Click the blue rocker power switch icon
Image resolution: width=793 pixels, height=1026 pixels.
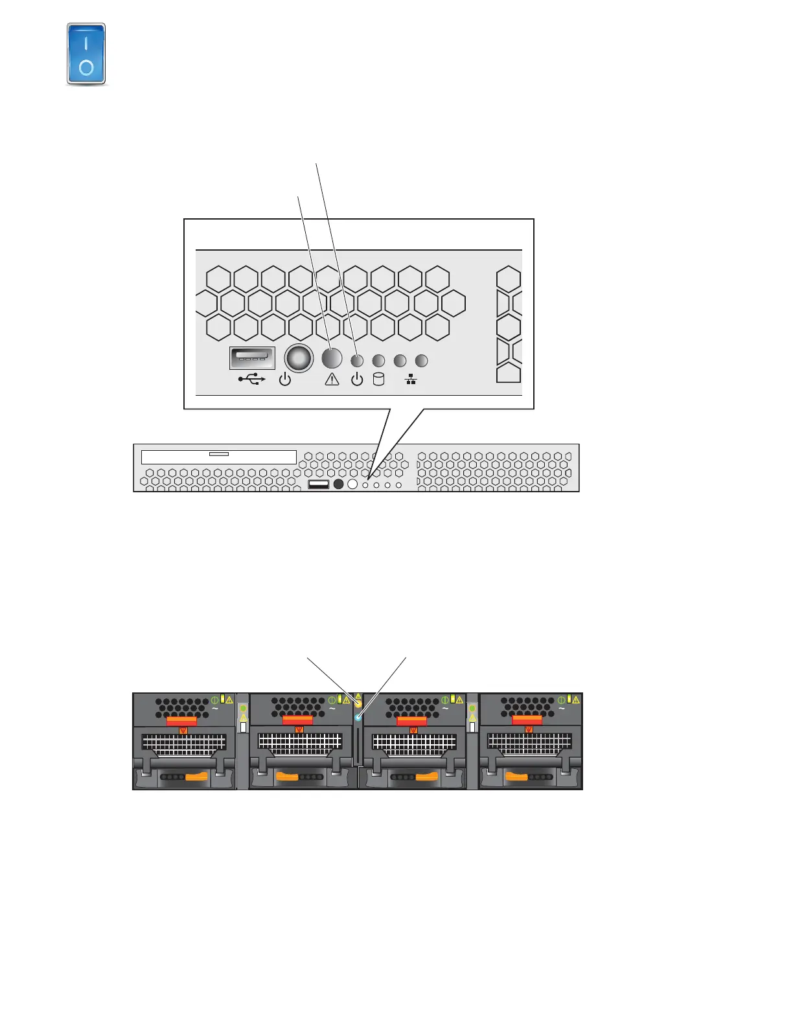(x=86, y=54)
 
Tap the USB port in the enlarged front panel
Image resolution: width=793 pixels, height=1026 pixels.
(x=252, y=358)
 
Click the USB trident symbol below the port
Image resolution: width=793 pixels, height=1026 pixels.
(x=252, y=380)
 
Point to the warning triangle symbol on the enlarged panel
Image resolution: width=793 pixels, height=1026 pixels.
(x=332, y=380)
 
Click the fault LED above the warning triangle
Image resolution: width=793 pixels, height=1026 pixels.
(x=332, y=358)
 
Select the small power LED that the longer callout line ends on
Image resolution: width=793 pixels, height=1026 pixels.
(x=357, y=361)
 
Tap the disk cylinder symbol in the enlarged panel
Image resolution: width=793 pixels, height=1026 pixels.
(x=379, y=380)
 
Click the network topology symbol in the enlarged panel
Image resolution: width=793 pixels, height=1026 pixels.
(x=411, y=380)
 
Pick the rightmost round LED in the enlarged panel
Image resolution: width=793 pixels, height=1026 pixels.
(x=421, y=361)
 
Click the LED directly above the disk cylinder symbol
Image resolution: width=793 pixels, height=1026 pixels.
(x=379, y=361)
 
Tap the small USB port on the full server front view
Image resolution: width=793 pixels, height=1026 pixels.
(x=318, y=484)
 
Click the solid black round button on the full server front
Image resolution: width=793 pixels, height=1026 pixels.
(x=338, y=484)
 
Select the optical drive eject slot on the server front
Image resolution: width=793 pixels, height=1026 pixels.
(x=219, y=454)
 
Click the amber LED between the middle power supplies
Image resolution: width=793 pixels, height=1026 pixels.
(x=358, y=704)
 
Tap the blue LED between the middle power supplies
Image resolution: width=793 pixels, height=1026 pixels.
(x=358, y=718)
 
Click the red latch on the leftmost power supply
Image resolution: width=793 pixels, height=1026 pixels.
(x=182, y=721)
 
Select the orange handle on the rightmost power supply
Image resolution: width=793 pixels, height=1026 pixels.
(x=516, y=776)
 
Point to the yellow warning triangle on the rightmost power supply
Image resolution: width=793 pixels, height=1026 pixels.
(x=575, y=700)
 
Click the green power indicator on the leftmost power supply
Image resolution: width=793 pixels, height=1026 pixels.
(x=215, y=700)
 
